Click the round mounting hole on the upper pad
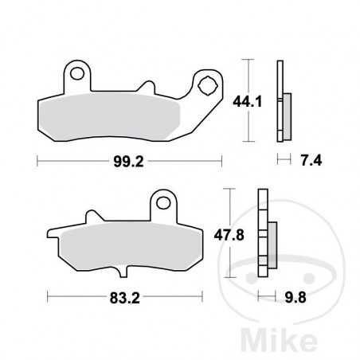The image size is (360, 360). click(x=77, y=75)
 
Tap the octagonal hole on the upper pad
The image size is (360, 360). click(x=209, y=84)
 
